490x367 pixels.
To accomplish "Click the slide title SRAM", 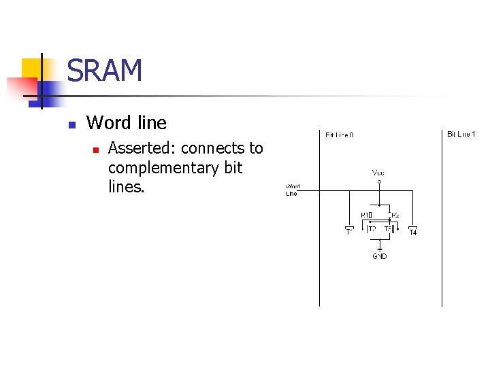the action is [x=105, y=71].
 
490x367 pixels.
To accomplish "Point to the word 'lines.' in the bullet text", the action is [x=127, y=186].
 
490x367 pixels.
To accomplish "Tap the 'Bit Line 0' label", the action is [x=339, y=135].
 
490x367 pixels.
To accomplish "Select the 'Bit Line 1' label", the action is [x=461, y=134].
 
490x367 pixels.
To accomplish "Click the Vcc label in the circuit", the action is [x=378, y=173].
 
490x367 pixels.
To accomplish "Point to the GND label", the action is [x=380, y=256].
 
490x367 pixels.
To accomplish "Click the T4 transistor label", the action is [x=412, y=233].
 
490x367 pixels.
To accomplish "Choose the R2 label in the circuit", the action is [x=395, y=215].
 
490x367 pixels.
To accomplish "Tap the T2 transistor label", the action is [x=372, y=230].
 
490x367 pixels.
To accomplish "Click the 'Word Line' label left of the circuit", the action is [x=291, y=190].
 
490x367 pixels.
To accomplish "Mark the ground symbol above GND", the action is [x=380, y=249].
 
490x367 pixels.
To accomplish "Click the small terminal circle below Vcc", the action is [x=380, y=181].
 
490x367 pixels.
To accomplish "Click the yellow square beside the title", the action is [x=32, y=69].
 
